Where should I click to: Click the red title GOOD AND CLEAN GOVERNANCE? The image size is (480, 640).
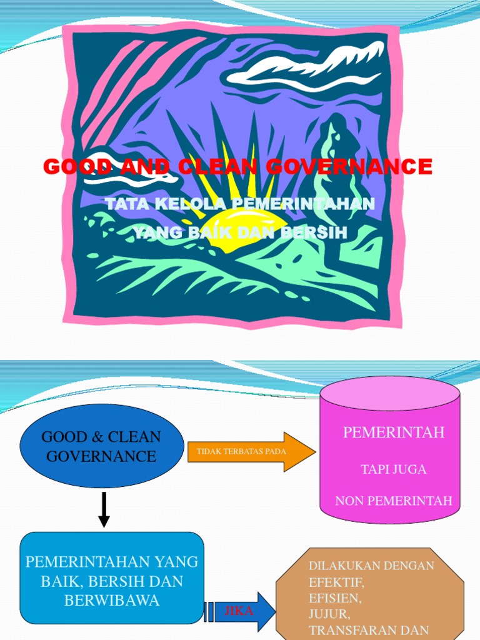(x=237, y=167)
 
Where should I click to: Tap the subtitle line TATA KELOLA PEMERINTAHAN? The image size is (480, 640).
(x=240, y=204)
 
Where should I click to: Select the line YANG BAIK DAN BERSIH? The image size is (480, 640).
(x=240, y=232)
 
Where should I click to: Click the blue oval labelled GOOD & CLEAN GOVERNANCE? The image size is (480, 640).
(x=101, y=446)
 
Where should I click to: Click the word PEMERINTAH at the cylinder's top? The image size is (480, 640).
(x=394, y=432)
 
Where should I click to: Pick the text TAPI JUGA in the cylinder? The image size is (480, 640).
(x=394, y=469)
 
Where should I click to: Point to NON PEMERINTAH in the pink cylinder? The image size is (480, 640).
(x=394, y=501)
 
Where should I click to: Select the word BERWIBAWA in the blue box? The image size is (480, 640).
(x=112, y=601)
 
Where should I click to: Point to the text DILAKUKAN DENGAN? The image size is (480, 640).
(x=371, y=566)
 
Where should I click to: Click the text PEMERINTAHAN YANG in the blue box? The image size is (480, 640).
(x=112, y=561)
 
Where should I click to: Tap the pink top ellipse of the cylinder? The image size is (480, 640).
(x=390, y=394)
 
